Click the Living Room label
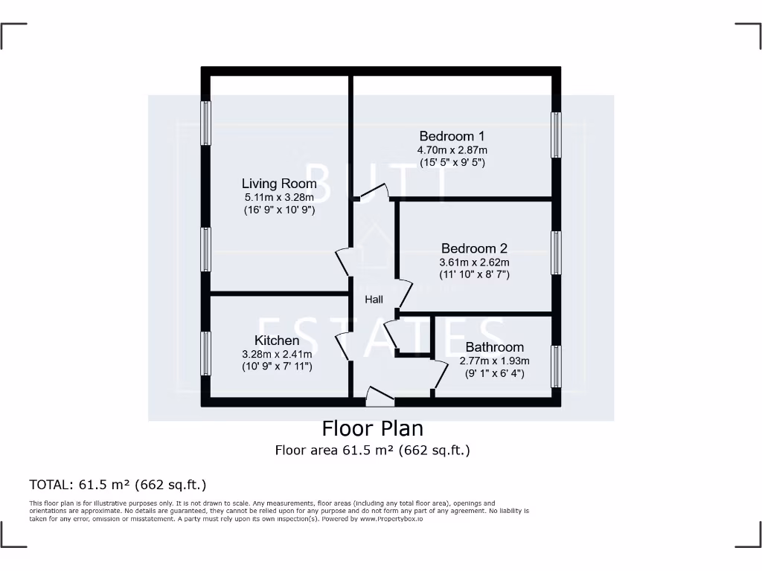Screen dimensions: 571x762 279,184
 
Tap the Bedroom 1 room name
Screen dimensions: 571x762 452,136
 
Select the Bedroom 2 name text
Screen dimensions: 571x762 474,248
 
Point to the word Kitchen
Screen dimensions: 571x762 277,341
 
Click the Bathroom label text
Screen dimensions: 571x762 494,347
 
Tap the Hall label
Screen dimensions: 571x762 374,300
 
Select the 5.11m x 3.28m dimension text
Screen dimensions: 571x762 279,197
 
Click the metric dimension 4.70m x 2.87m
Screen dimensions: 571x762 452,149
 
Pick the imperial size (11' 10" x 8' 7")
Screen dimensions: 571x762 474,274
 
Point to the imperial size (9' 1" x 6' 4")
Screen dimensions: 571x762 494,373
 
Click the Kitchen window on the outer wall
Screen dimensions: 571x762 206,353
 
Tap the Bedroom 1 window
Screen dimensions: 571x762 555,135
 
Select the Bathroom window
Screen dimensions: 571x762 555,366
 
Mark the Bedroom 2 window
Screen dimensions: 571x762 555,253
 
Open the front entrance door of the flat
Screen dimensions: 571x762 380,398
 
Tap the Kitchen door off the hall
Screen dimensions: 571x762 343,346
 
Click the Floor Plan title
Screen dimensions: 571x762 372,429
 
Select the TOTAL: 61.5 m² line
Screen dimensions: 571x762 118,485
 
